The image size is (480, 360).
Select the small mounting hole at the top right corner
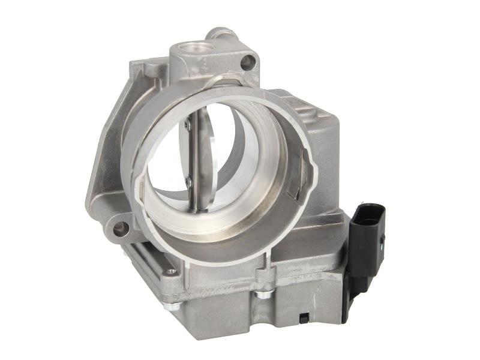point(247,61)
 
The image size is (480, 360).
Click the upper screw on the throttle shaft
point(187,125)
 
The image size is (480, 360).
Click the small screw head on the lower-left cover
point(172,271)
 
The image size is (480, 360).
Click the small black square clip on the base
point(305,316)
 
